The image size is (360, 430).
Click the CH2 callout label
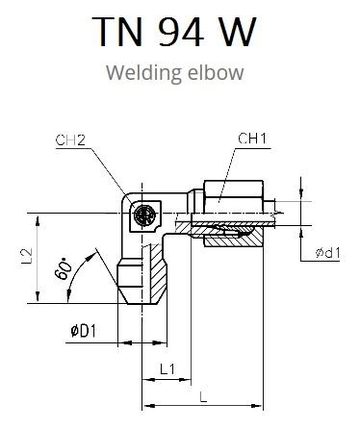[x=70, y=140]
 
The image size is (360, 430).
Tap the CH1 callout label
[x=253, y=139]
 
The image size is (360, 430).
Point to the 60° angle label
[x=63, y=269]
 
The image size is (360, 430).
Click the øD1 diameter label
[x=83, y=331]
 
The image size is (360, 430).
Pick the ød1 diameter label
[x=328, y=253]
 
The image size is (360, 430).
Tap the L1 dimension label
[x=167, y=369]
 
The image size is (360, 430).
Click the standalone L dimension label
[x=203, y=397]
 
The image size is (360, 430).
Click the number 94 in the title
[x=181, y=31]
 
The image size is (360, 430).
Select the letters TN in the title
[x=117, y=31]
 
